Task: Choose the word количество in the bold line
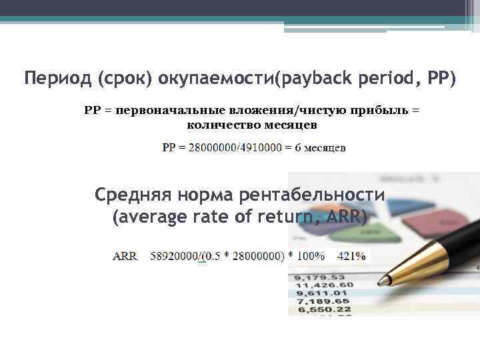point(217,125)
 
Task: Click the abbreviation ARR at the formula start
point(125,256)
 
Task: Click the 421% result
point(351,256)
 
